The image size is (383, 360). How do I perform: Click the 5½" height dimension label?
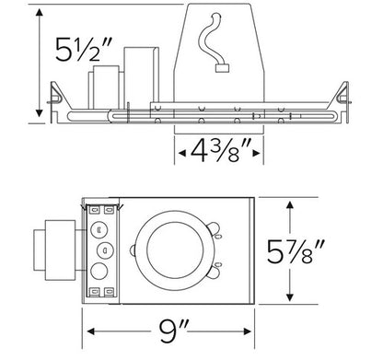[x=81, y=49]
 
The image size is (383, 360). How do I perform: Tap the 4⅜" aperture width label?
[x=219, y=151]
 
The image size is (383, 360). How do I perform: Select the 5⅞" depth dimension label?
[x=296, y=251]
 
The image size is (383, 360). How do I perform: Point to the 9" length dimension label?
[x=173, y=331]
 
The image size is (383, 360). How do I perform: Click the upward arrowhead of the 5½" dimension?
[x=39, y=12]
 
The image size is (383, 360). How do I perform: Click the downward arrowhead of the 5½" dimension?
[x=39, y=113]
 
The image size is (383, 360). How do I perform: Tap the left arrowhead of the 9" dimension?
[x=91, y=331]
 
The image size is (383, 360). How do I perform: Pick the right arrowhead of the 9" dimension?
[x=247, y=331]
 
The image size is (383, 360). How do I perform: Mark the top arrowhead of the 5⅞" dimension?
[x=290, y=205]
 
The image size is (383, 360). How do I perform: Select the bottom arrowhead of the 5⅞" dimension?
[x=290, y=296]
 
